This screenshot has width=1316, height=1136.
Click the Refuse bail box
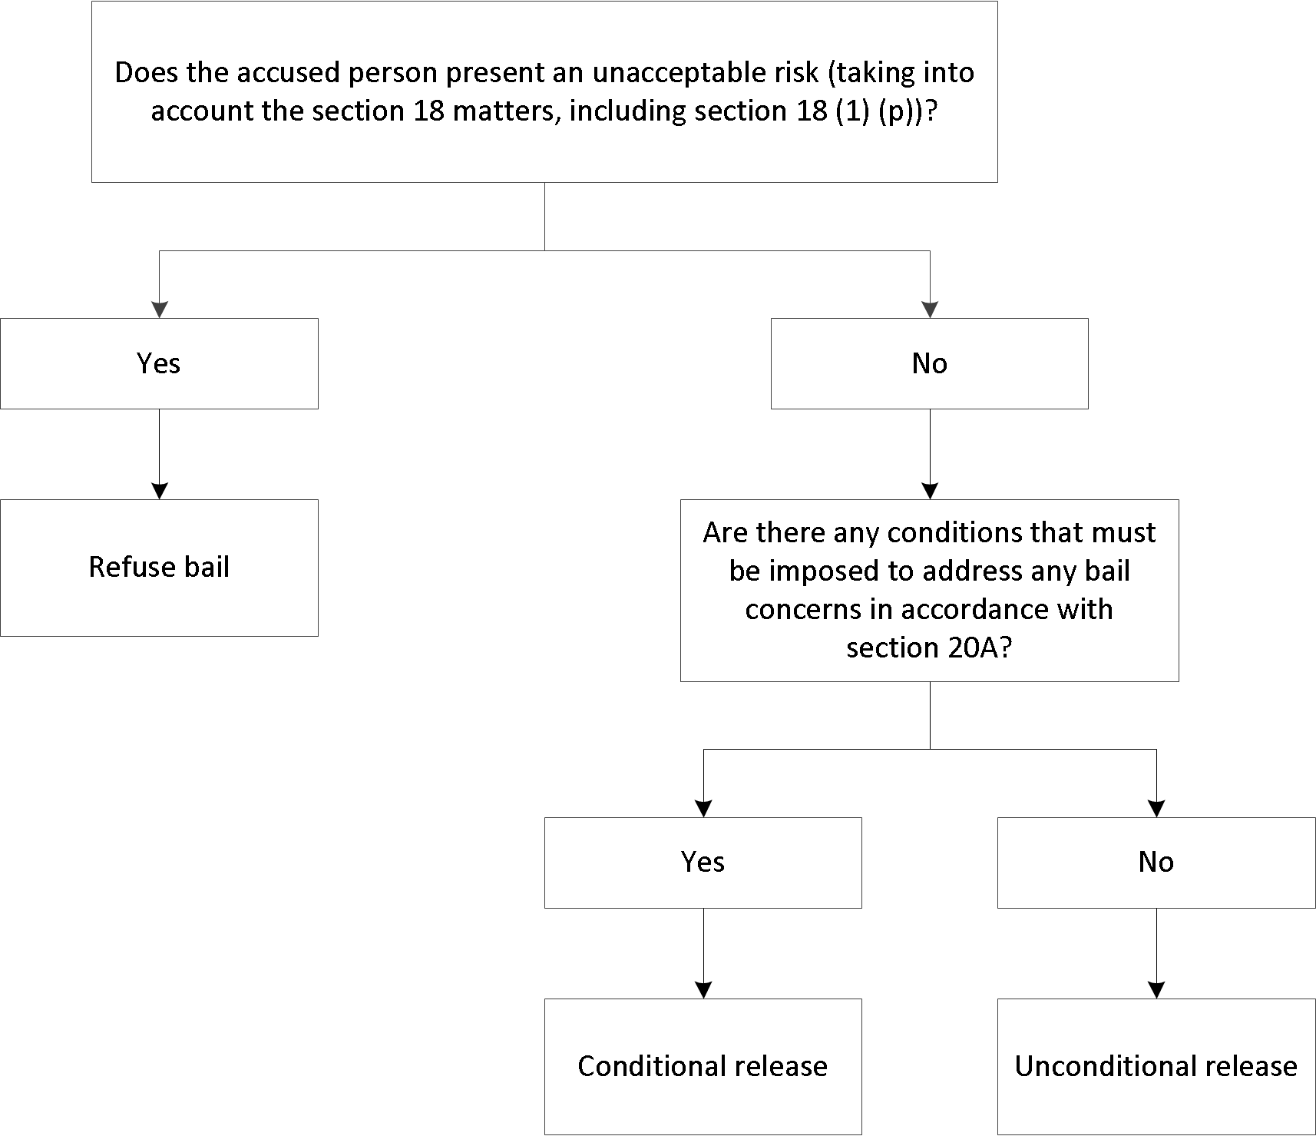pos(159,568)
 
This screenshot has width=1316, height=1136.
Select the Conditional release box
pos(703,1066)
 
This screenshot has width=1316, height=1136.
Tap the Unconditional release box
pos(1156,1066)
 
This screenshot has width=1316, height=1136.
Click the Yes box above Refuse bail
pos(159,363)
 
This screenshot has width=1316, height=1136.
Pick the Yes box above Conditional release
pos(703,862)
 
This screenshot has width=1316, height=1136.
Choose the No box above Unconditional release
pos(1156,862)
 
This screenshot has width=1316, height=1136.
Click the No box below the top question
pos(929,363)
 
